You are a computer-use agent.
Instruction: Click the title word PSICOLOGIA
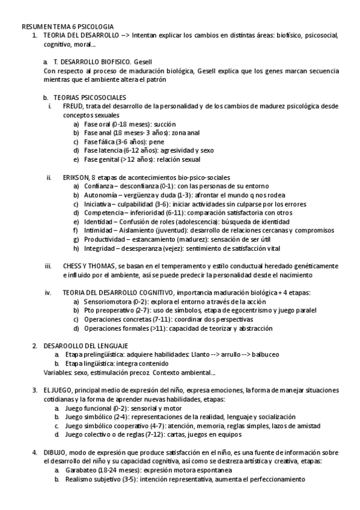(x=94, y=27)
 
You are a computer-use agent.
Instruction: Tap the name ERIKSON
(x=76, y=177)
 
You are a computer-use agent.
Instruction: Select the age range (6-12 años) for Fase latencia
(x=139, y=150)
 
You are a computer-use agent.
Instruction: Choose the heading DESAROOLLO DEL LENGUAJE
(x=85, y=346)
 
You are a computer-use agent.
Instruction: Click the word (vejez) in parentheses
(x=174, y=248)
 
